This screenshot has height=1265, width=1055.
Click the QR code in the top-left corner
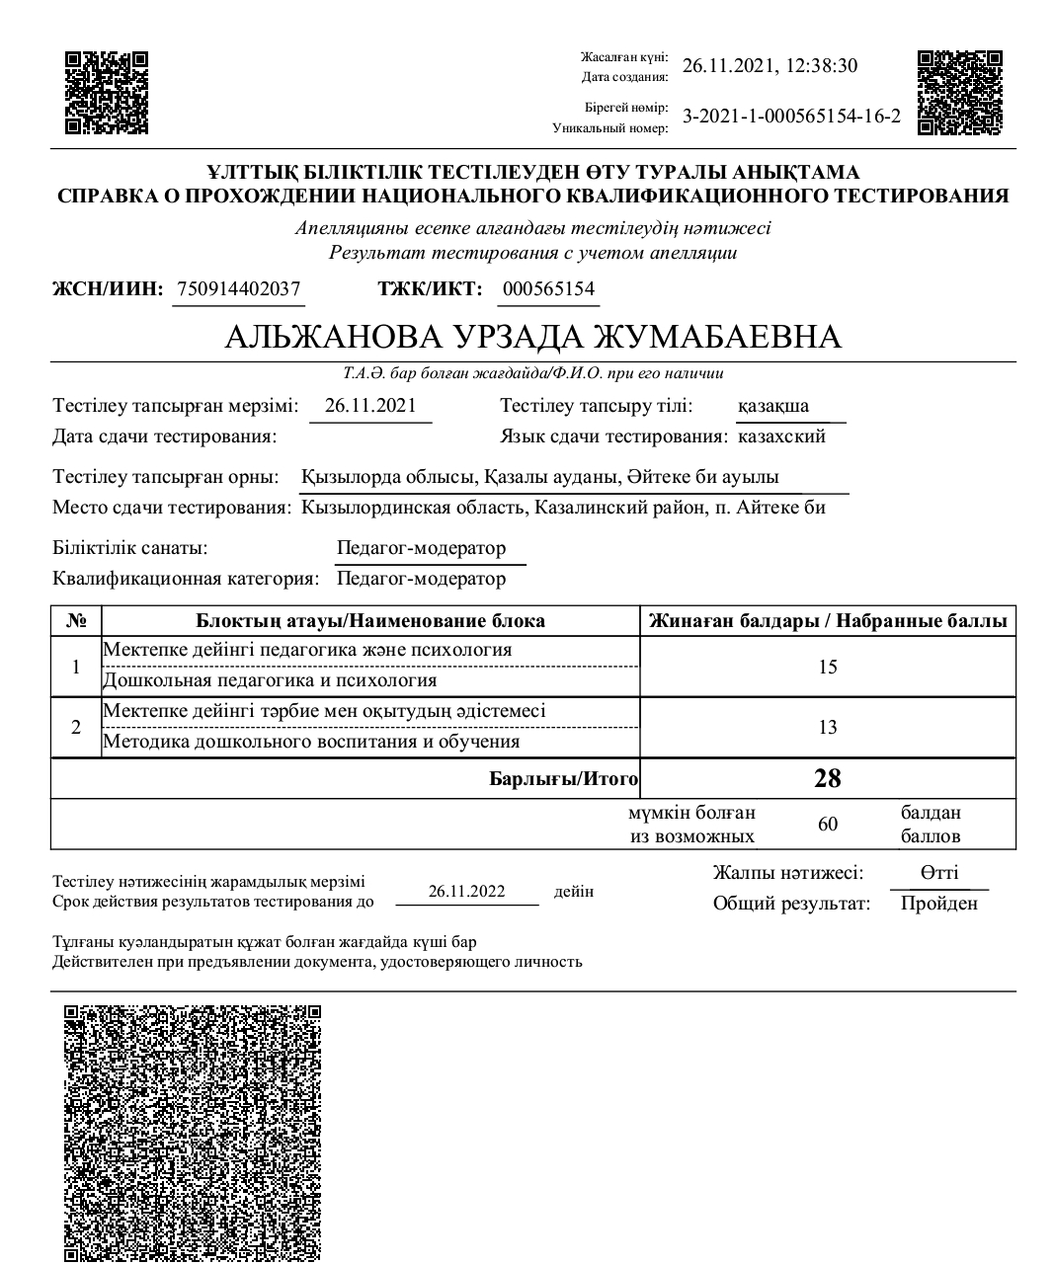point(107,92)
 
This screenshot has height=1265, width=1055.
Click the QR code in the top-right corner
point(959,92)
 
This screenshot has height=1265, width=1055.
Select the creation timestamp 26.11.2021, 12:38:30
point(771,66)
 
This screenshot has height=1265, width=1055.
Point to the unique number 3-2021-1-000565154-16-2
point(792,117)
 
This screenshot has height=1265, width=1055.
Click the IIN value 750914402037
point(238,289)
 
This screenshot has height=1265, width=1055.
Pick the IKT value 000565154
point(548,289)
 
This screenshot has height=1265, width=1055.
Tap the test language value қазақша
point(773,406)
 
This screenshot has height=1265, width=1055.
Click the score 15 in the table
point(828,667)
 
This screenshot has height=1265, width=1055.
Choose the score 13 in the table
point(828,727)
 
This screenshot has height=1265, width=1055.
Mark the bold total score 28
point(828,778)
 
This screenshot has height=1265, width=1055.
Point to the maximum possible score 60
point(828,824)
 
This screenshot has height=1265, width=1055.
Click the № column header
point(76,621)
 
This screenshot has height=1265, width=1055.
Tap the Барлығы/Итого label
point(564,779)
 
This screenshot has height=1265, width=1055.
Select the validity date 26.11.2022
point(466,892)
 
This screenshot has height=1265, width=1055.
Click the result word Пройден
point(938,904)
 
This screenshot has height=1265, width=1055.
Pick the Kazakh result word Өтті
point(938,873)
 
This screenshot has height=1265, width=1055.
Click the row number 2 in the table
point(76,727)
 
